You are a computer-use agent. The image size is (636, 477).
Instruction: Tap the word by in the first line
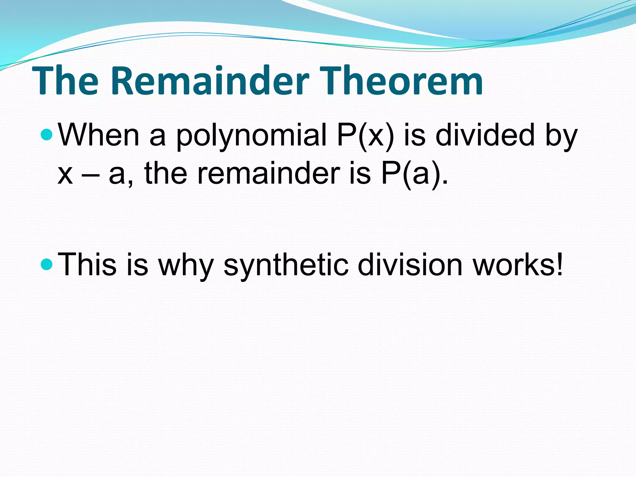(x=561, y=135)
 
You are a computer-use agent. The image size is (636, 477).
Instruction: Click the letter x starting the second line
(x=65, y=175)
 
